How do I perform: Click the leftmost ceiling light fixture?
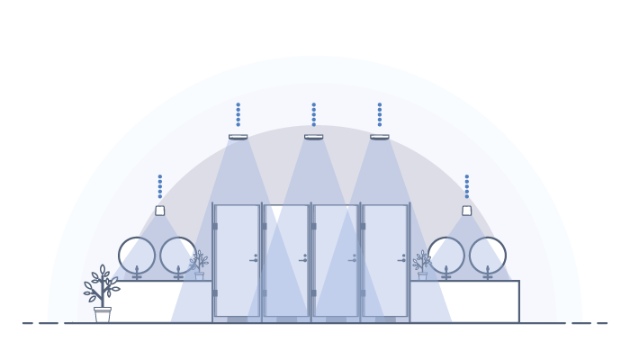click(238, 137)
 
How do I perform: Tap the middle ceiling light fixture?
click(313, 137)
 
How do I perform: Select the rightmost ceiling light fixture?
click(380, 137)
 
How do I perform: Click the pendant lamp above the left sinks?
click(160, 211)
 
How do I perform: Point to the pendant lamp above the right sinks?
click(467, 211)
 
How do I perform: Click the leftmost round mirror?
click(137, 256)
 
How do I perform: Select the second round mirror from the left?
click(178, 256)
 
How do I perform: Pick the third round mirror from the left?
click(446, 256)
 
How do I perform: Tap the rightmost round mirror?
click(488, 256)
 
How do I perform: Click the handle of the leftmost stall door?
click(254, 260)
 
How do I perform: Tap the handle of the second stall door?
click(303, 260)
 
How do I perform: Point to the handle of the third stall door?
click(353, 260)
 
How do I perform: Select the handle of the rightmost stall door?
click(402, 260)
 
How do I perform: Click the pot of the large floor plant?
click(103, 315)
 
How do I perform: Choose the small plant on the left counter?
click(199, 265)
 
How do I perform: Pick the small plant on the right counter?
click(422, 265)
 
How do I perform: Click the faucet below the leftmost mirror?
click(137, 274)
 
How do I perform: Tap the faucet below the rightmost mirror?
click(488, 274)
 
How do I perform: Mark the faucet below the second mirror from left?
click(178, 274)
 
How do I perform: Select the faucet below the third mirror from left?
click(446, 274)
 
